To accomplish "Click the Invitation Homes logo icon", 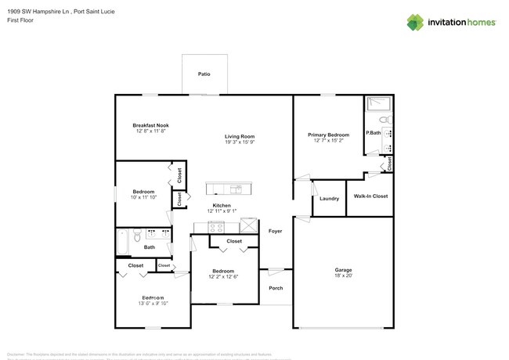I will (x=416, y=22).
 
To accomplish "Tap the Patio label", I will (x=204, y=74).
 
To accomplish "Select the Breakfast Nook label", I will (x=150, y=125).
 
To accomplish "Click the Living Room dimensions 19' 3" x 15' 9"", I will (x=240, y=142).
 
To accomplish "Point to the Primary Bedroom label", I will (x=328, y=135).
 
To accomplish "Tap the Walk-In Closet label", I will (x=370, y=196).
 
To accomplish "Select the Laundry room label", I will (x=330, y=199).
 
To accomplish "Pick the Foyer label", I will (x=275, y=232).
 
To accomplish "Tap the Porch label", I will (x=275, y=287).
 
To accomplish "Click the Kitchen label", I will (x=222, y=205).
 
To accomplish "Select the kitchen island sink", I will (x=236, y=189).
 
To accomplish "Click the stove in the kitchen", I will (x=217, y=227).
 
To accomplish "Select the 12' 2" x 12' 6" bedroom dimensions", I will (x=223, y=276).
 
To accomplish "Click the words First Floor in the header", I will (x=20, y=21).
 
